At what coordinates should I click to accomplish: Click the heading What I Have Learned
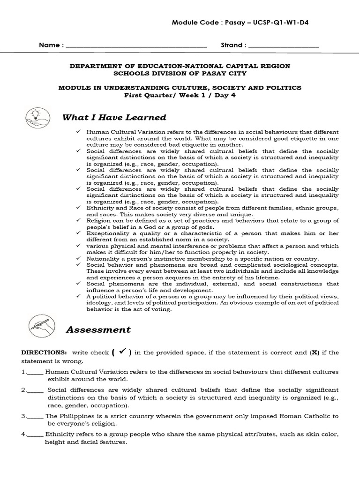114,117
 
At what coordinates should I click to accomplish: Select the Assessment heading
98,330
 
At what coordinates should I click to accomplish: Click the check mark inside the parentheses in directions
121,352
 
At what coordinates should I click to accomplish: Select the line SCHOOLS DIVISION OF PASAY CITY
180,74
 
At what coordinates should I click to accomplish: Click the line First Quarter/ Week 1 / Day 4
180,95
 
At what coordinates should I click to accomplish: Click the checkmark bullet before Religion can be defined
78,219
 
